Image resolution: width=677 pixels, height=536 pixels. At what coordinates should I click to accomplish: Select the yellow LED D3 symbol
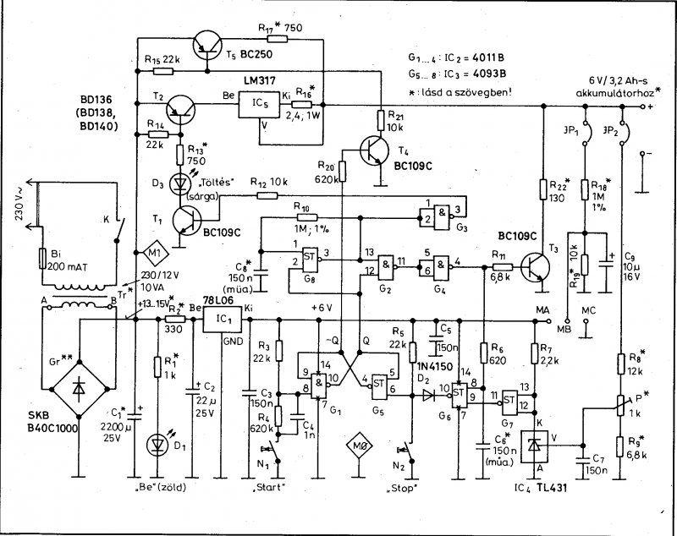(x=179, y=182)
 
